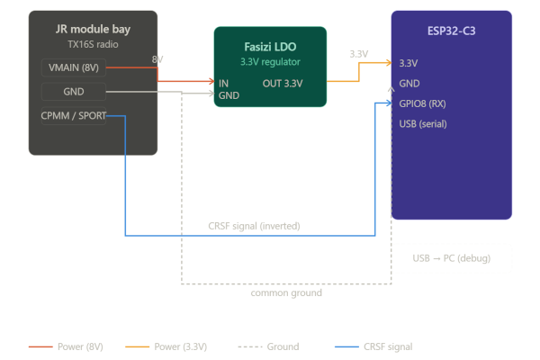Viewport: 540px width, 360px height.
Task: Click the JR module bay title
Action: [x=93, y=29]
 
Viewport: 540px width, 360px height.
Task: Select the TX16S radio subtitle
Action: [x=93, y=44]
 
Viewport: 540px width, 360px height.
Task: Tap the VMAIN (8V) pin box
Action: [x=74, y=68]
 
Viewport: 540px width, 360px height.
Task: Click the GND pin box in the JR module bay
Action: [x=74, y=91]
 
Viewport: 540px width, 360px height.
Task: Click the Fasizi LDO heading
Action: [x=270, y=46]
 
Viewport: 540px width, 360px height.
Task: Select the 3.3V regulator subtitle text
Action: [x=270, y=62]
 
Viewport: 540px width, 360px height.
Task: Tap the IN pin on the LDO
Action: [x=223, y=83]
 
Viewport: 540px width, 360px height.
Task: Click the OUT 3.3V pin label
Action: [x=283, y=83]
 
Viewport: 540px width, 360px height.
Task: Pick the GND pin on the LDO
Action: [x=229, y=94]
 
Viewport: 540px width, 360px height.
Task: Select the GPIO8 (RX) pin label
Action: [x=422, y=103]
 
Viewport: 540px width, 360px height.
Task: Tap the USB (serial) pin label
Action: [x=424, y=122]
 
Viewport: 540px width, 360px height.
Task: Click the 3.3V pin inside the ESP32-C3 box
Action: [x=408, y=63]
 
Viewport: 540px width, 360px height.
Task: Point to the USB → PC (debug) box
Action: [x=451, y=258]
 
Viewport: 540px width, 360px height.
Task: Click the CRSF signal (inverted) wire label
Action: [x=254, y=226]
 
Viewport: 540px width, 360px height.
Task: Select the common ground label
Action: [x=286, y=293]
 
